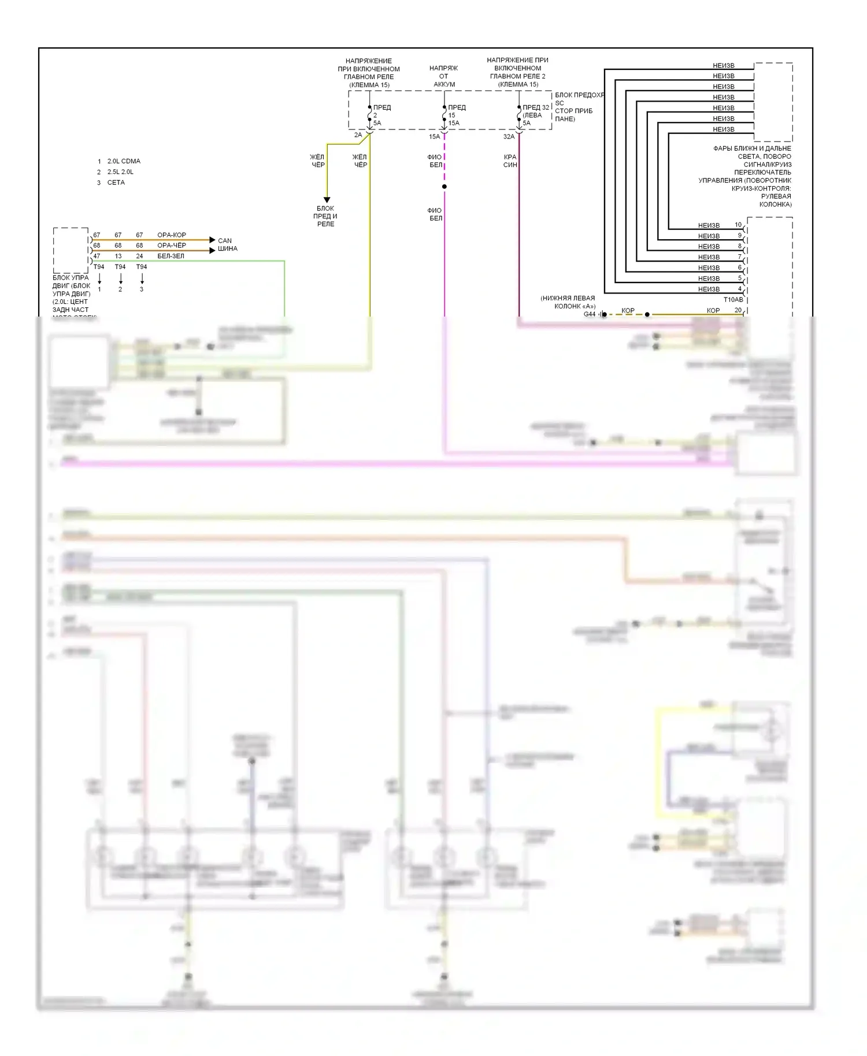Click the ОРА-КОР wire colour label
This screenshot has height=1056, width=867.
pos(172,235)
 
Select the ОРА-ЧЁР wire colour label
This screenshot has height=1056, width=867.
pos(172,246)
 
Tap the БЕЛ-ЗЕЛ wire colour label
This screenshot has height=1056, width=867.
pos(171,256)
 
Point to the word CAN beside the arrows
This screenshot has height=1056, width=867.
pos(225,241)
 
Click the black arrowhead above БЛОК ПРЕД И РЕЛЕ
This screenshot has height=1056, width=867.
pos(327,200)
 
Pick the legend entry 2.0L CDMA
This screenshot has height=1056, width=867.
pos(124,161)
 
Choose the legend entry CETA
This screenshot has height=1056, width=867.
pos(116,183)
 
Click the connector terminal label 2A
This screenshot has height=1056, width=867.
pos(358,135)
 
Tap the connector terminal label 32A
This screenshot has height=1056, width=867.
pos(509,137)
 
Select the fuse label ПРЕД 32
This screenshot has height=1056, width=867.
pos(536,107)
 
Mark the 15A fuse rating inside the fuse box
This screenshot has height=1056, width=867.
pos(454,123)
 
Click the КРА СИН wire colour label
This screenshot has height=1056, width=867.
pos(510,161)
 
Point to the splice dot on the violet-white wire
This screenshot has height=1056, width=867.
pos(444,187)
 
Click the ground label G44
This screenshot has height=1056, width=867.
pos(590,314)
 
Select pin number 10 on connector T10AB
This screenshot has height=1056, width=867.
pos(738,225)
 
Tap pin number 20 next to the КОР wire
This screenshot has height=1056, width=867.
pos(738,310)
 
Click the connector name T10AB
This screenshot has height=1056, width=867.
pos(733,300)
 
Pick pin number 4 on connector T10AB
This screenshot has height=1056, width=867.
pos(739,289)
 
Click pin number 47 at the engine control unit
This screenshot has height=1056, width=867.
pos(97,256)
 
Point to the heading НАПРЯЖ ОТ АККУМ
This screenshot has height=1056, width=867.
pos(444,76)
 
